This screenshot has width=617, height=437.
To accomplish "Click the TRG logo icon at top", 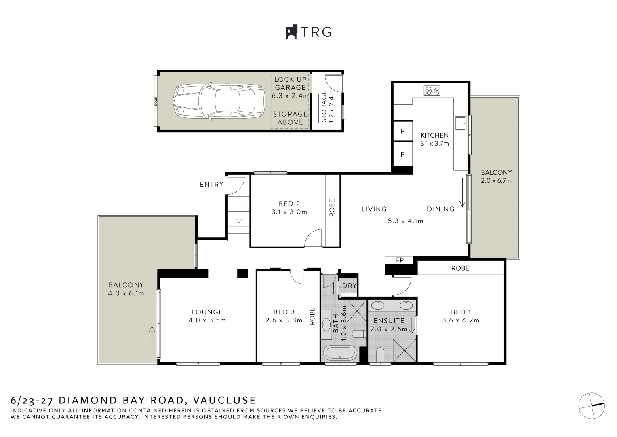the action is click(x=292, y=32).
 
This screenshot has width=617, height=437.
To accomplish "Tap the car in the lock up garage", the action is click(x=219, y=101).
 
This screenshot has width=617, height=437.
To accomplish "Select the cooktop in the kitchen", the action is click(x=432, y=91).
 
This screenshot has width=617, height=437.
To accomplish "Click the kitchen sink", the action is click(x=461, y=123).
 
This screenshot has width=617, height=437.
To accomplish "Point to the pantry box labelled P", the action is click(x=402, y=131).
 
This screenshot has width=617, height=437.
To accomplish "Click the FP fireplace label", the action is click(x=400, y=260).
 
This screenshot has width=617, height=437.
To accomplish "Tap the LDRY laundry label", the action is click(x=347, y=286).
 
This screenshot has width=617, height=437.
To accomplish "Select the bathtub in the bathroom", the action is click(x=340, y=353).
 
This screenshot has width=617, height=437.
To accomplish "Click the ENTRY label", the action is click(x=212, y=184).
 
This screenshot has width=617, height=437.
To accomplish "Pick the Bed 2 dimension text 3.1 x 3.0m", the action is click(x=289, y=212).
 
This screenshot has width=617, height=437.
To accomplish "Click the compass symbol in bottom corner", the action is click(x=592, y=406).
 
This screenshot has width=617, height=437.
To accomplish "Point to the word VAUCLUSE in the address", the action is click(x=224, y=400).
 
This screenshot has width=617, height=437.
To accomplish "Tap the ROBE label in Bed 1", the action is click(x=460, y=268).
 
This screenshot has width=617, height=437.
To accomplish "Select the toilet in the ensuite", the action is click(x=380, y=354).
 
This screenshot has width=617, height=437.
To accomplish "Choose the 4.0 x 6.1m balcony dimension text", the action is click(x=126, y=293).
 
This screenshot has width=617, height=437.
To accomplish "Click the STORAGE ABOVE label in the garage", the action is click(x=290, y=118).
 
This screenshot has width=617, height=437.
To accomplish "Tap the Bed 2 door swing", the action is click(x=313, y=238).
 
